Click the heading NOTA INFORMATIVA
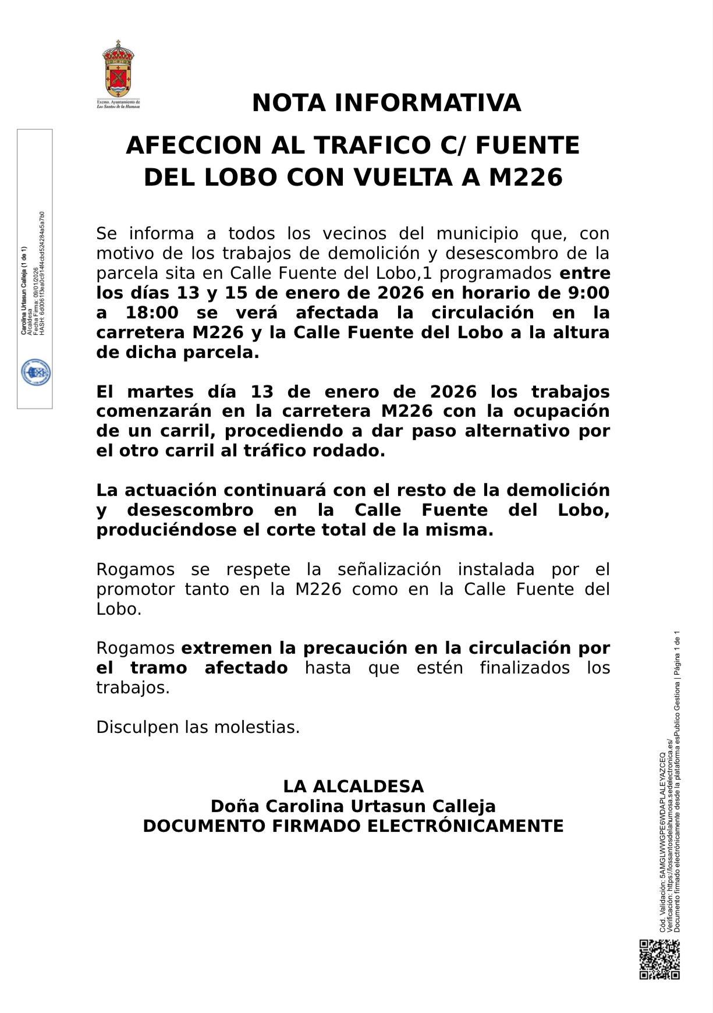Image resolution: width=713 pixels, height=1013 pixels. (x=386, y=103)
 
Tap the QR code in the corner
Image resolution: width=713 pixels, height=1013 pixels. (x=659, y=959)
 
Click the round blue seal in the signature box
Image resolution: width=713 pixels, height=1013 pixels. (x=36, y=373)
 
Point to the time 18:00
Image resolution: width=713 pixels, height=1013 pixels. (x=152, y=313)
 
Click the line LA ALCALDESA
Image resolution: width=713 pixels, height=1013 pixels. (x=353, y=787)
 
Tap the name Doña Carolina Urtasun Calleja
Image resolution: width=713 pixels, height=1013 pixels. (x=353, y=806)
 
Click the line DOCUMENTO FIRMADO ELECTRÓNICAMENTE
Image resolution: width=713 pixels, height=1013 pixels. (x=353, y=826)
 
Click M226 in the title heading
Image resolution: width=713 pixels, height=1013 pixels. (x=526, y=178)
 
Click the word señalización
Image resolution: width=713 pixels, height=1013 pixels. (x=389, y=569)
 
